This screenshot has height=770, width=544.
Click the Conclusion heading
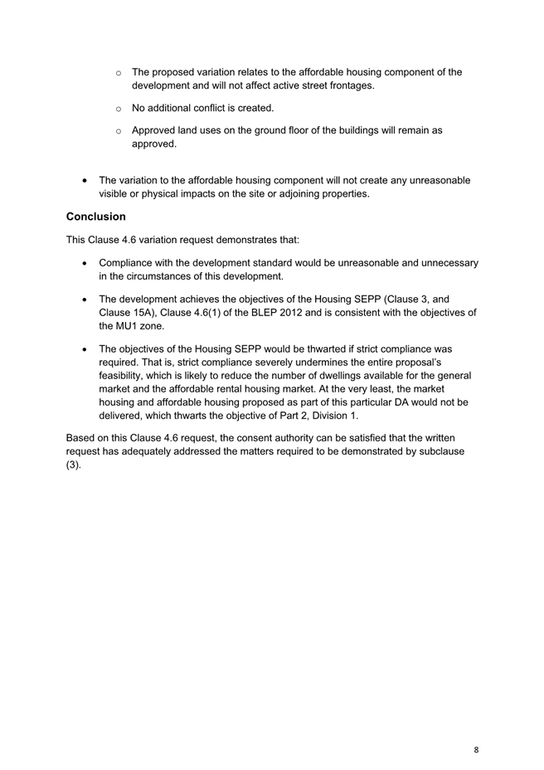coord(96,217)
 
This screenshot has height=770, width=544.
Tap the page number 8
coord(476,749)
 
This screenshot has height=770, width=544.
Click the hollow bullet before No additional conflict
coord(119,109)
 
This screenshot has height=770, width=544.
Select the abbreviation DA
coord(376,402)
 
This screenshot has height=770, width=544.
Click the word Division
coord(328,416)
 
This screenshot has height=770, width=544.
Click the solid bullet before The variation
coord(87,181)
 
